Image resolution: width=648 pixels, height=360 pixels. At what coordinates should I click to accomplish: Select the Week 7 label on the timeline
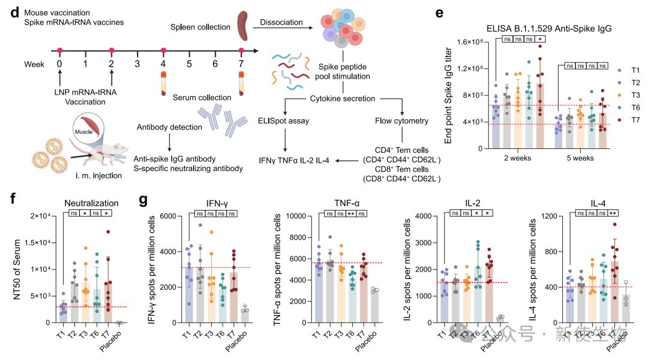(x=241, y=63)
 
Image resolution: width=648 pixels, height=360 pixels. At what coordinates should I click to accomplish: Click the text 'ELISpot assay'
(x=284, y=121)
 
